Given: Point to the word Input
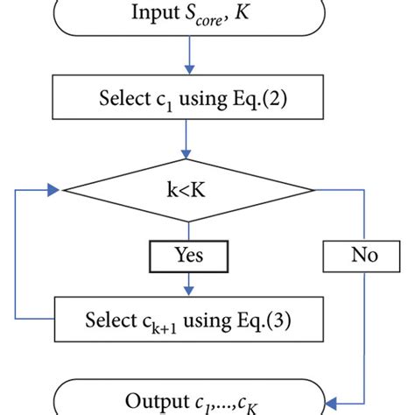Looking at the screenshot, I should click(x=152, y=14).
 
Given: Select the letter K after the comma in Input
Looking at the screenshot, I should click(x=240, y=14).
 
